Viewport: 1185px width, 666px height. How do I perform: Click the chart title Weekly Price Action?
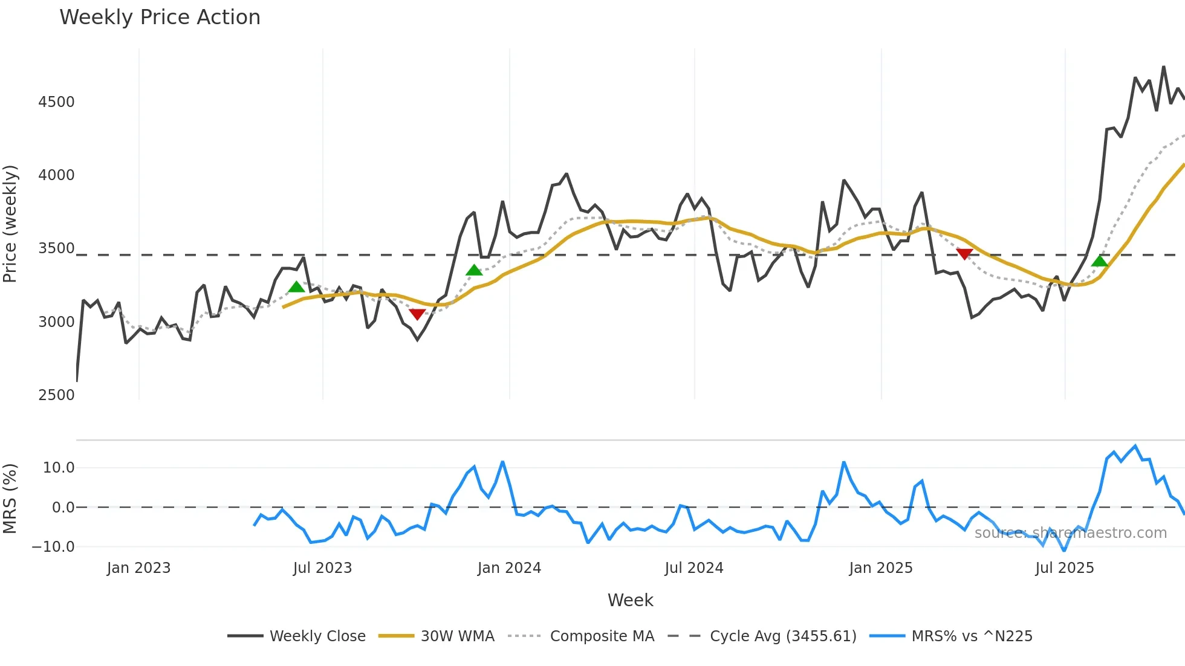[160, 18]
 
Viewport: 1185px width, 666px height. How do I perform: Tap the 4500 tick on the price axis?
[56, 102]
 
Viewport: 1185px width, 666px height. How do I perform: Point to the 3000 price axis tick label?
[56, 322]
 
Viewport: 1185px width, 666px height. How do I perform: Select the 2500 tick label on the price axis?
[56, 395]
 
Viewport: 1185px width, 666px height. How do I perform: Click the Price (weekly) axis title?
[10, 224]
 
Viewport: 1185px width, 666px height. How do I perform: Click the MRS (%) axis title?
[10, 499]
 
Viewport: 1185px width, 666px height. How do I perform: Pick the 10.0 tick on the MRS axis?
[59, 468]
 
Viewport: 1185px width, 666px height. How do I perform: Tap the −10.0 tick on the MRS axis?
[53, 547]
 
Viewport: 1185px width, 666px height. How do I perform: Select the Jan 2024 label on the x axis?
[509, 568]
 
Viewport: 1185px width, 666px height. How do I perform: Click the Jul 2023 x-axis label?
[322, 568]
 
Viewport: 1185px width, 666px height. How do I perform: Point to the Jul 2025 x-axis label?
[1065, 568]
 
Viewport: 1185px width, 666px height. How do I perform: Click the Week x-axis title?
[630, 600]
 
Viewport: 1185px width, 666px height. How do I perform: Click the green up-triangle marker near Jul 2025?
[1100, 261]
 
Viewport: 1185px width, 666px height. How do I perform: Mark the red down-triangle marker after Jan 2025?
[964, 254]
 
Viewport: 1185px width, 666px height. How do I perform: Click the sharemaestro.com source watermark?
[1070, 533]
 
